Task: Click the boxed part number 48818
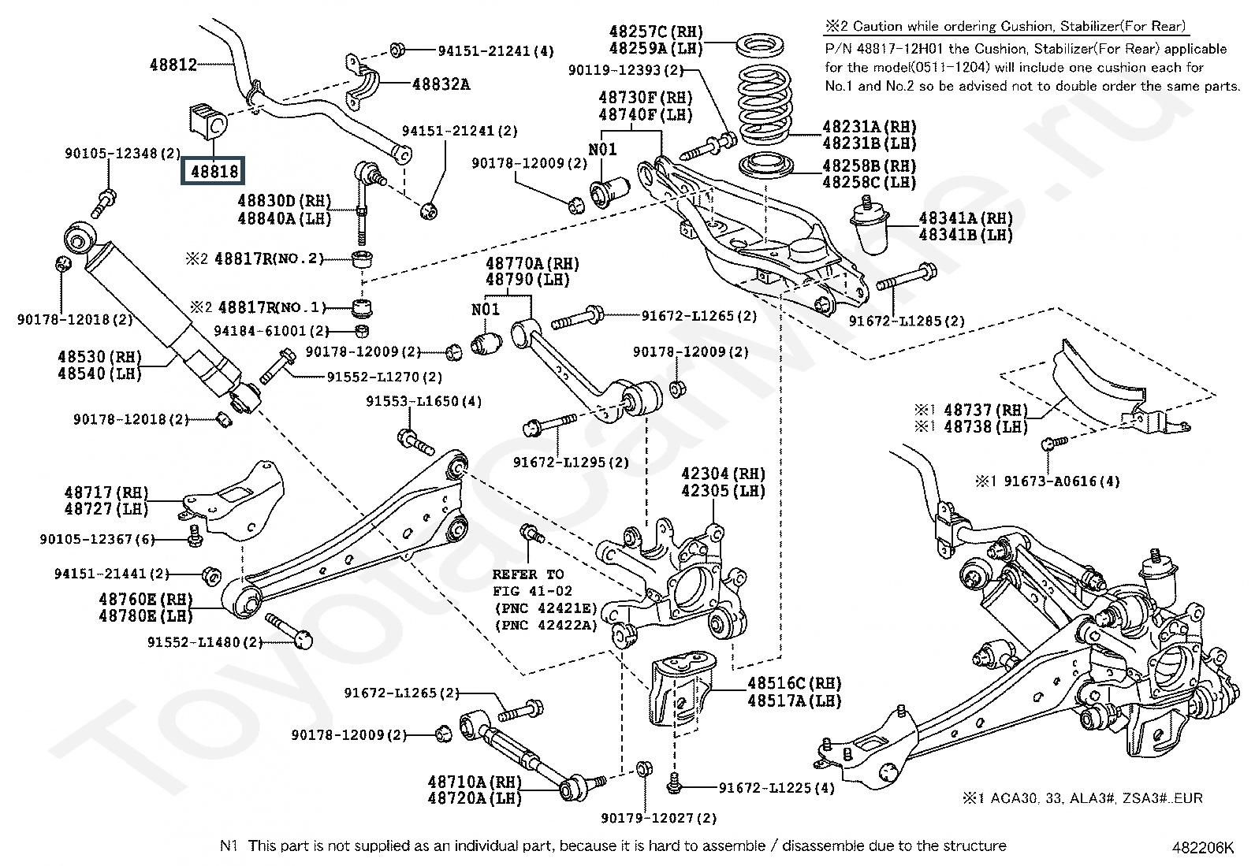coord(214,170)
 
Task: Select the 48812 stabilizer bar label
coord(173,65)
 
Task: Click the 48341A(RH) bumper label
coord(966,218)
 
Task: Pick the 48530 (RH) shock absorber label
coord(99,357)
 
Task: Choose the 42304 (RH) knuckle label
coord(723,474)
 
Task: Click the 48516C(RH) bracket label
coord(795,683)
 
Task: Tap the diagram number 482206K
coord(1202,847)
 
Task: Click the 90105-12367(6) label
coord(97,539)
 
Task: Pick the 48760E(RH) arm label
coord(146,599)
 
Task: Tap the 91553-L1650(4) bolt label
coord(423,401)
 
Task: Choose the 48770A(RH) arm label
coord(531,263)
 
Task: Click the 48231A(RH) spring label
coord(870,126)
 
